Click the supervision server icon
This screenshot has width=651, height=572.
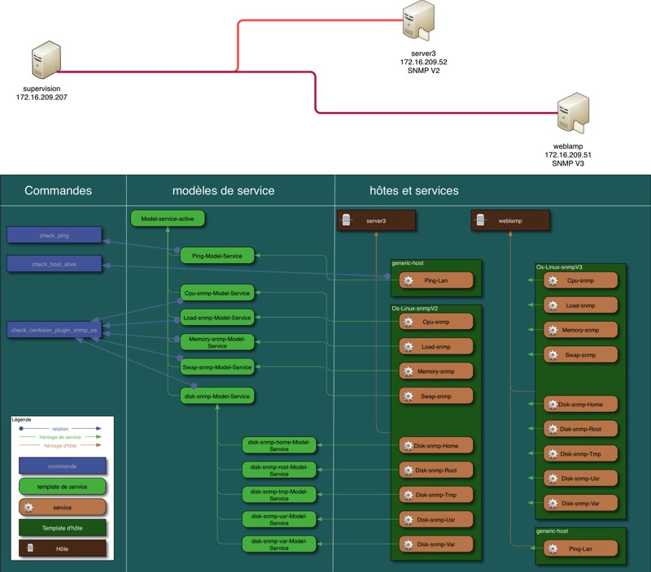(45, 64)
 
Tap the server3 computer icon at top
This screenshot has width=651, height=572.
(418, 22)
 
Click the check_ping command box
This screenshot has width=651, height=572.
(55, 236)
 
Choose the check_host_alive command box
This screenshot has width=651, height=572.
(55, 264)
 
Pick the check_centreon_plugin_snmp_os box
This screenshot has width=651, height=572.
(55, 330)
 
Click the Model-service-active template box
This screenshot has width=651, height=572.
(168, 219)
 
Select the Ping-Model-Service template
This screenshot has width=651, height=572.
(217, 255)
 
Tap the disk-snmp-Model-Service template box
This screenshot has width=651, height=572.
(217, 396)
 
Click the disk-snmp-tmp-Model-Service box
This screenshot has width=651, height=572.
(279, 494)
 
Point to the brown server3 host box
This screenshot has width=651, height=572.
(377, 220)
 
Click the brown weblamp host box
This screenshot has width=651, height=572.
(510, 220)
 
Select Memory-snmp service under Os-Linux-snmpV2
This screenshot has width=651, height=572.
(436, 371)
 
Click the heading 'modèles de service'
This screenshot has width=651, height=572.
(224, 191)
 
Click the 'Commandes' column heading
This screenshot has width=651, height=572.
(58, 191)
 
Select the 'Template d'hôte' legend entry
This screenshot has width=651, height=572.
(63, 528)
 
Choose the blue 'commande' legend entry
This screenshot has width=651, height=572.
(63, 466)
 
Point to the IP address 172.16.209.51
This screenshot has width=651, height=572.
(568, 154)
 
